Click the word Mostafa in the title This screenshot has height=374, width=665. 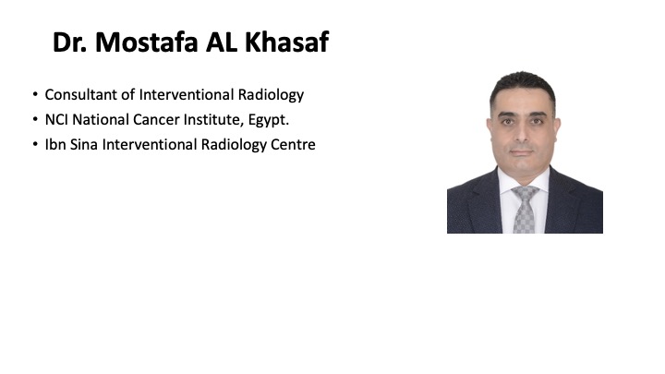pyautogui.click(x=146, y=42)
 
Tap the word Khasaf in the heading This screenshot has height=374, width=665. pyautogui.click(x=286, y=42)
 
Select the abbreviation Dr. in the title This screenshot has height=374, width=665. pyautogui.click(x=69, y=42)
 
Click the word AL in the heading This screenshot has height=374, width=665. pyautogui.click(x=221, y=42)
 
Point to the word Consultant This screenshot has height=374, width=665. pyautogui.click(x=81, y=94)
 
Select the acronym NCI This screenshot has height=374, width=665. pyautogui.click(x=56, y=120)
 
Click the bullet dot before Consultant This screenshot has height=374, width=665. pyautogui.click(x=35, y=93)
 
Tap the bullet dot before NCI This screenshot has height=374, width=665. pyautogui.click(x=35, y=119)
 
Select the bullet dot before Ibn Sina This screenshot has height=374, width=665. pyautogui.click(x=35, y=144)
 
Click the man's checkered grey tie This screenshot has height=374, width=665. pyautogui.click(x=525, y=209)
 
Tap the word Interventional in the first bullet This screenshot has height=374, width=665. pyautogui.click(x=187, y=94)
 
